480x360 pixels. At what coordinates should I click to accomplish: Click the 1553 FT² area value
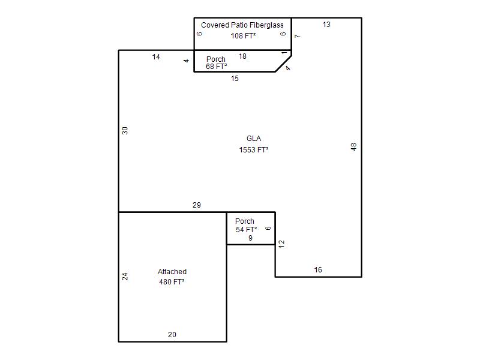coord(254,149)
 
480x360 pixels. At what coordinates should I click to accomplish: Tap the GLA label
coord(254,139)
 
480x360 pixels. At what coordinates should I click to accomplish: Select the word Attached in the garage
coord(172,272)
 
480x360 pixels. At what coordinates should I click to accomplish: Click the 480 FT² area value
coord(172,281)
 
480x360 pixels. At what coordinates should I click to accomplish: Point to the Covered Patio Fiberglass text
coord(242,25)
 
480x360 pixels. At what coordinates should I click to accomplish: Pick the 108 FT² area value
coord(244,36)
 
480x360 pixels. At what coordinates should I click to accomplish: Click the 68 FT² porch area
coord(217,67)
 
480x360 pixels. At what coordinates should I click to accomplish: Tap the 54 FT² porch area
coord(247,230)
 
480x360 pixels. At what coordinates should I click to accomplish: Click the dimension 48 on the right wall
coord(353,147)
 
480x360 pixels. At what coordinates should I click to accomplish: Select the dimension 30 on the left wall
coord(125,131)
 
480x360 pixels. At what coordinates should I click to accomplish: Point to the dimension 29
coord(197,205)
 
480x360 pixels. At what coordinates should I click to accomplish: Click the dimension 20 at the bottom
coord(172,335)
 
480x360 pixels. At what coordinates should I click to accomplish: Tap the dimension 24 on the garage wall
coord(125,277)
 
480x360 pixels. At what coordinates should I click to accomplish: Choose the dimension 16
coord(318,269)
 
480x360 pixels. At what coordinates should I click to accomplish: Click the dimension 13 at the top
coord(326,25)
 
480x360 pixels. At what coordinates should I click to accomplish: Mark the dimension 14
coord(156,57)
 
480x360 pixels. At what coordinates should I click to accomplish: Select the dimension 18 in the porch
coord(242,56)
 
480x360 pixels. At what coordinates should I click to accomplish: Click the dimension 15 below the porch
coord(235,79)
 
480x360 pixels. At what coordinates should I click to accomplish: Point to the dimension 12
coord(281,244)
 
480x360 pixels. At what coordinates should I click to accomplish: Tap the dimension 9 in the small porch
coord(250,238)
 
